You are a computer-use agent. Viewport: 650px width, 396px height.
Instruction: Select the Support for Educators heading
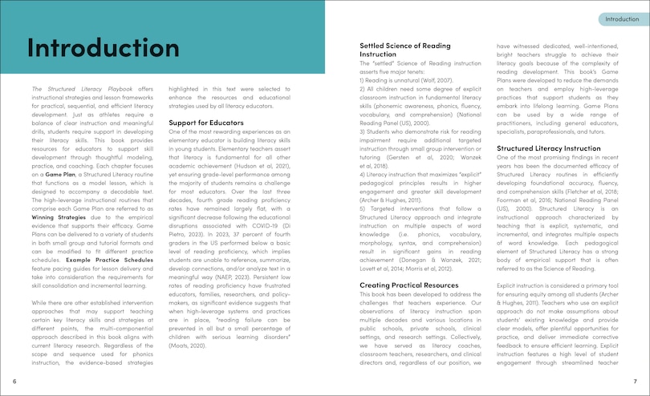point(206,122)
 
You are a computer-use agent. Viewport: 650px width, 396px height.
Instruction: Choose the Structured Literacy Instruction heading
point(548,148)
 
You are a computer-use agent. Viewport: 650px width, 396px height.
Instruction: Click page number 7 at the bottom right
point(635,381)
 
